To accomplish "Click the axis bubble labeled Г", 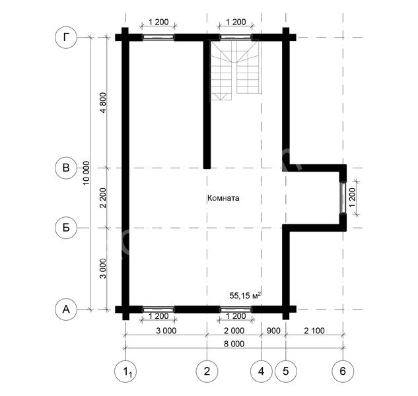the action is (x=66, y=38).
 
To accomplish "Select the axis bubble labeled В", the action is (x=66, y=168).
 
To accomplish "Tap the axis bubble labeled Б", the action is (x=66, y=228).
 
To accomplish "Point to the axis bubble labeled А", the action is (x=66, y=310).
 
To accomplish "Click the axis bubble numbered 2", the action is (x=207, y=371).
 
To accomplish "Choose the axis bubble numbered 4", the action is (x=261, y=371).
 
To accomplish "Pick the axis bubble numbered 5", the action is (x=286, y=371).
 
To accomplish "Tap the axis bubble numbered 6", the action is (x=343, y=371).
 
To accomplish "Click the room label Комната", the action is (x=223, y=198).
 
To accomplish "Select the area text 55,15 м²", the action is (x=245, y=295).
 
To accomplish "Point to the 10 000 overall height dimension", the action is (x=86, y=173).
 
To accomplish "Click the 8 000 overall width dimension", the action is (x=234, y=344).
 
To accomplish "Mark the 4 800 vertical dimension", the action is (x=103, y=103).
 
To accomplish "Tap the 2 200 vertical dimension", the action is (x=103, y=198).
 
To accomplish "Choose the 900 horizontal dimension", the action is (x=273, y=331).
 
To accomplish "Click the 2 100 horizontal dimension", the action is (x=314, y=331).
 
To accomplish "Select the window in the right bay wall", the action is (x=343, y=198).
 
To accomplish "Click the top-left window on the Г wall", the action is (x=159, y=38).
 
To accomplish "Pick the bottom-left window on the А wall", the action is (x=159, y=310).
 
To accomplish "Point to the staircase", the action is (x=235, y=71).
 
